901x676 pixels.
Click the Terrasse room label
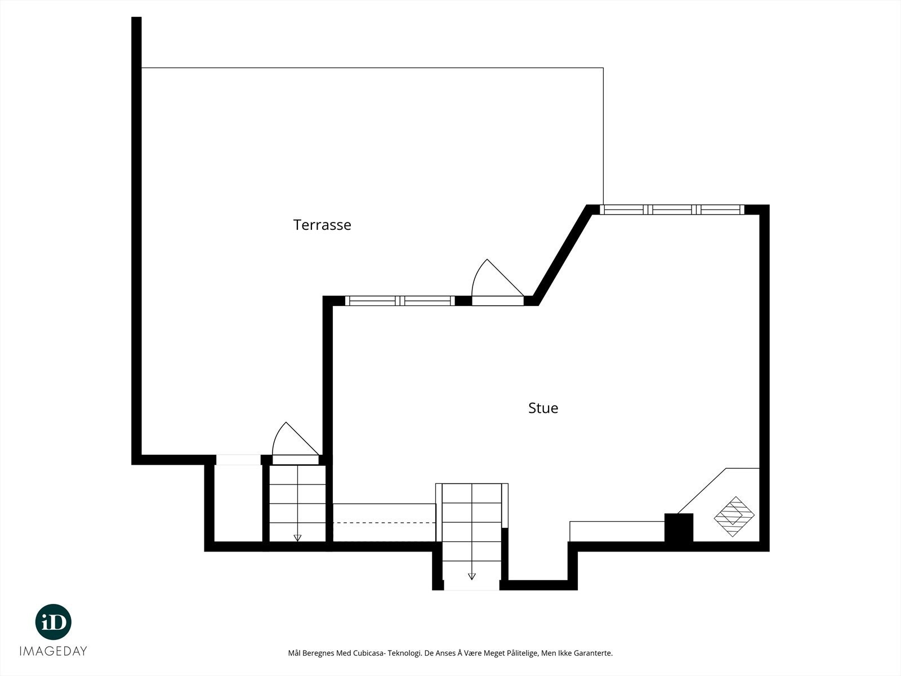322,225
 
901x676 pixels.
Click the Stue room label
543,408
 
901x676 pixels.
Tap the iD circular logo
53,622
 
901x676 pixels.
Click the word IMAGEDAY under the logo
53,651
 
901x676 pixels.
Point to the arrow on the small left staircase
297,537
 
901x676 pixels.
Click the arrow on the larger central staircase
472,576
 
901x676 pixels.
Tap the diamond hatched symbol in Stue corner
734,516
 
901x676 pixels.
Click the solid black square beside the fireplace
679,528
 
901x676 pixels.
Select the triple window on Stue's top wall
672,210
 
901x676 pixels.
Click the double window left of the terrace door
400,301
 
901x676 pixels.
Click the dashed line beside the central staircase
384,523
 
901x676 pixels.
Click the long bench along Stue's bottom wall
617,531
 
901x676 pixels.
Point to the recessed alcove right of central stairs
538,561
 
